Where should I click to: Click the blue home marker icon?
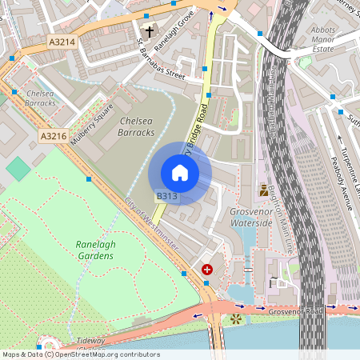[x=180, y=173]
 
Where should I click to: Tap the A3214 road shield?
[x=62, y=41]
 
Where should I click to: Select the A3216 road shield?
[x=53, y=136]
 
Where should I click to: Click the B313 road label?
[x=166, y=196]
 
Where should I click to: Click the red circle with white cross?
[x=208, y=270]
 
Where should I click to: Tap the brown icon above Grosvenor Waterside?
[x=264, y=190]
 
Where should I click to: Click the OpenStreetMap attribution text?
[x=80, y=354]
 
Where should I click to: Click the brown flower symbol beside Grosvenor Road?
[x=236, y=319]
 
